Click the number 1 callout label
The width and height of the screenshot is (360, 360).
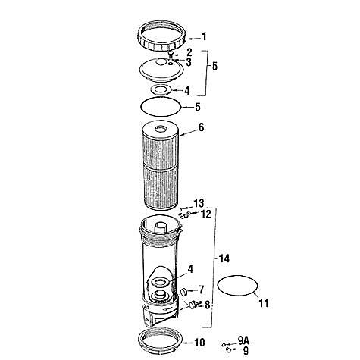click(x=203, y=36)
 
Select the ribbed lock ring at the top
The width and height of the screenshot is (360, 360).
click(x=164, y=36)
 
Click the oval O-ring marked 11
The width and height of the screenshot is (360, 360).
click(x=238, y=287)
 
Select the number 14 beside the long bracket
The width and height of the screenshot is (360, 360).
click(x=224, y=259)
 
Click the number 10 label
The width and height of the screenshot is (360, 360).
click(x=199, y=343)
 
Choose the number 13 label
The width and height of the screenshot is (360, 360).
click(x=199, y=203)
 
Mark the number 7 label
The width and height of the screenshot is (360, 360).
click(x=201, y=289)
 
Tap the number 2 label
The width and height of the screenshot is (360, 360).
click(x=189, y=52)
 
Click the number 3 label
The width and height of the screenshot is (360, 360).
click(x=188, y=61)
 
